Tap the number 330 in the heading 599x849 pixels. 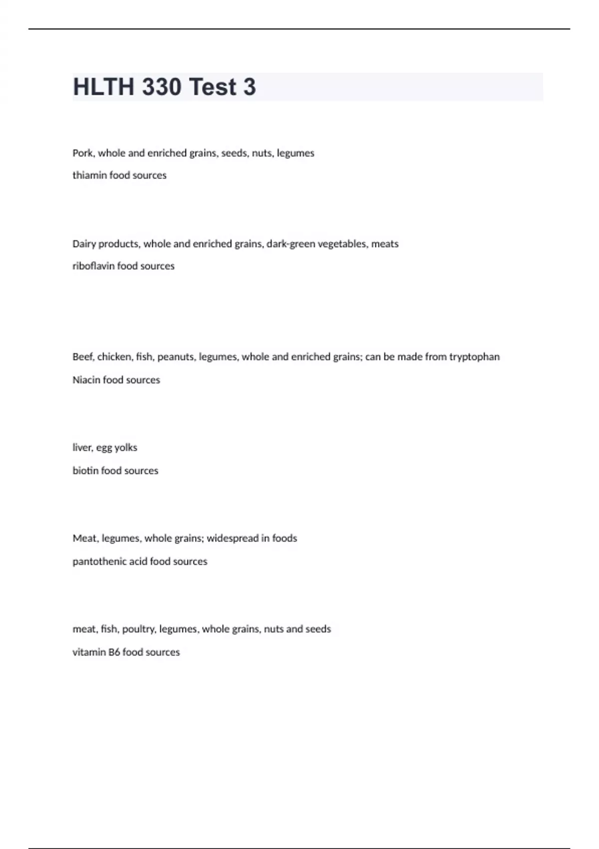pos(161,87)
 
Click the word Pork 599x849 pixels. pos(83,153)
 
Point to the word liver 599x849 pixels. pos(82,448)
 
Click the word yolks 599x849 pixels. pos(126,448)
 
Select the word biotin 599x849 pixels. pos(85,471)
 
